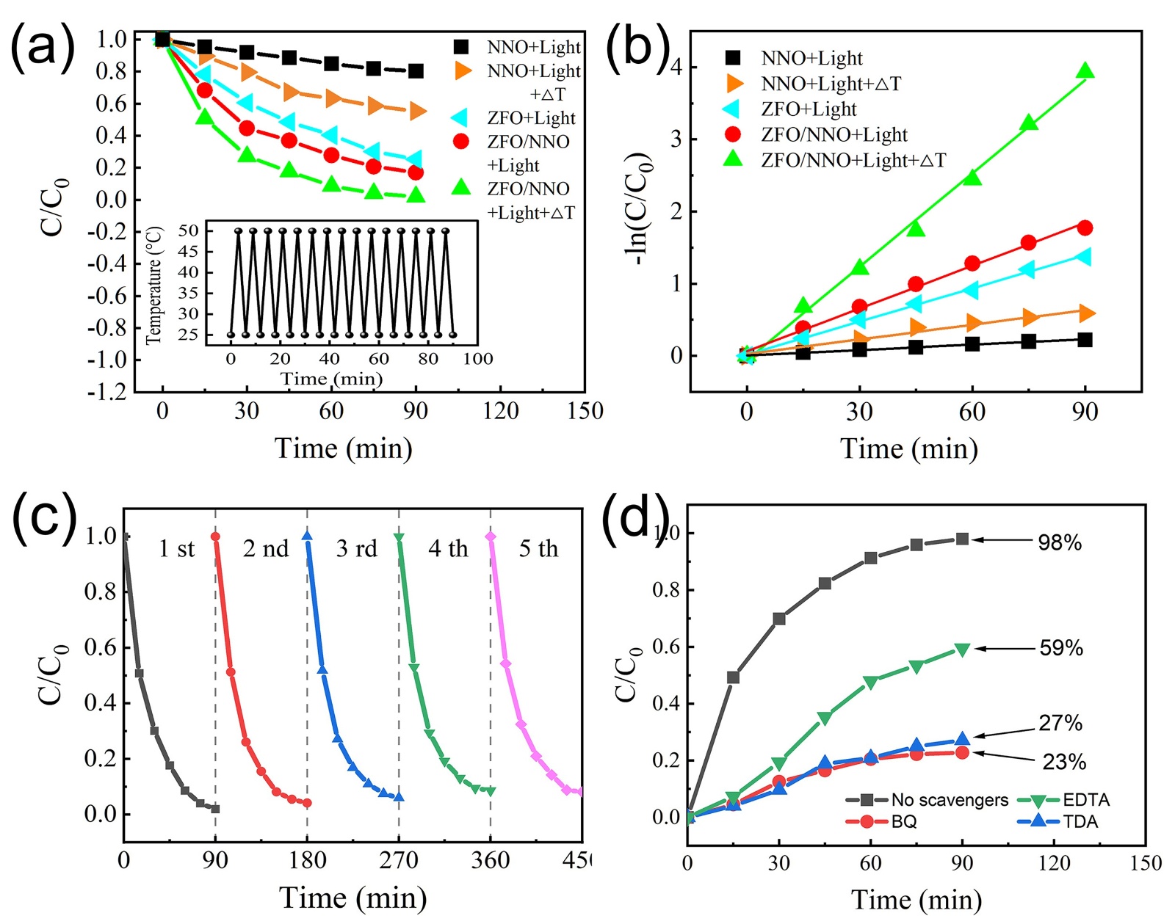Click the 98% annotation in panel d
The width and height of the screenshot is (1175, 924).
(1059, 543)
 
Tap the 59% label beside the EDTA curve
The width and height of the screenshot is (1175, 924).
(1060, 648)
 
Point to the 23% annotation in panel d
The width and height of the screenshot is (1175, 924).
(1063, 762)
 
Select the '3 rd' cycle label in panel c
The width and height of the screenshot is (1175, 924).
(356, 549)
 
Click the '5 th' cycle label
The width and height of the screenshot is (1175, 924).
(538, 549)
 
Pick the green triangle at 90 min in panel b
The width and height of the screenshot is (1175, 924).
(1085, 71)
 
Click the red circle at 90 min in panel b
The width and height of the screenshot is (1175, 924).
(1085, 228)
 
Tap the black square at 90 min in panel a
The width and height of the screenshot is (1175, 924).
(416, 71)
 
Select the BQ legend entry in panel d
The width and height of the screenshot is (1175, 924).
(904, 821)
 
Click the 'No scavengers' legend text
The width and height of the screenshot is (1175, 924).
(950, 800)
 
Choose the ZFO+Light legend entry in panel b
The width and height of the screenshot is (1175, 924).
(809, 109)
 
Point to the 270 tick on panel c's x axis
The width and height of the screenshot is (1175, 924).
(398, 860)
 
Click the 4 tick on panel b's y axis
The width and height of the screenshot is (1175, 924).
(676, 68)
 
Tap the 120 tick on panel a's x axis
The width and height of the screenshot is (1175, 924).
(500, 411)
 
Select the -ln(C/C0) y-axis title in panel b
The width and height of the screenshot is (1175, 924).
(636, 209)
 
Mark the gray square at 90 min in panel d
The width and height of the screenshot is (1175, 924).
(962, 539)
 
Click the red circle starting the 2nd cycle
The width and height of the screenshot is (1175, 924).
(215, 536)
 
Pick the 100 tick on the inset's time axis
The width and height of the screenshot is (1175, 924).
(477, 359)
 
